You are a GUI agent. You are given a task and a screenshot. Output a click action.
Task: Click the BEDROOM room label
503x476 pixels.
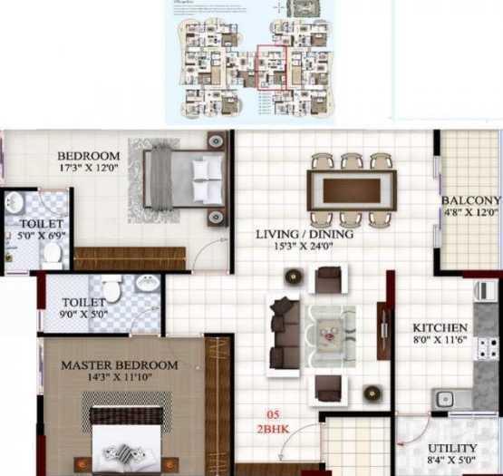(89, 155)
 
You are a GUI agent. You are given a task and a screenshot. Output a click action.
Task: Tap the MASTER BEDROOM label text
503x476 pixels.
(120, 365)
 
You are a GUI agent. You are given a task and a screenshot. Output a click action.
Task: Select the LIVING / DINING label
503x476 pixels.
(304, 234)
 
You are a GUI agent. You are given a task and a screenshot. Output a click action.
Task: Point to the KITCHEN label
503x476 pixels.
(440, 327)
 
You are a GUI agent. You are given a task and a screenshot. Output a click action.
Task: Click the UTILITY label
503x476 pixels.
(451, 449)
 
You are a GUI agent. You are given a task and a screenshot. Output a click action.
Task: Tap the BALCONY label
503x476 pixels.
(470, 200)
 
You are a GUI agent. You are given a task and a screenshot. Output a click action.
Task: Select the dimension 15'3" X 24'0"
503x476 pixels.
(304, 248)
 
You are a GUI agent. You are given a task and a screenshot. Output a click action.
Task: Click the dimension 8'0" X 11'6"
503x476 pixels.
(440, 341)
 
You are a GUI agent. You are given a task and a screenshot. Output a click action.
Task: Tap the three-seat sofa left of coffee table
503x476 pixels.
(285, 333)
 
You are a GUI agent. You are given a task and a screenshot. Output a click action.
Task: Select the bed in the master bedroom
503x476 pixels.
(127, 439)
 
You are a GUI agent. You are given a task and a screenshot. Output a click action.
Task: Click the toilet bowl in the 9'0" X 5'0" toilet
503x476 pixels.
(111, 291)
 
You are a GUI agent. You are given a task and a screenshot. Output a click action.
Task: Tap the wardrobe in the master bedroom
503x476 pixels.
(218, 403)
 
